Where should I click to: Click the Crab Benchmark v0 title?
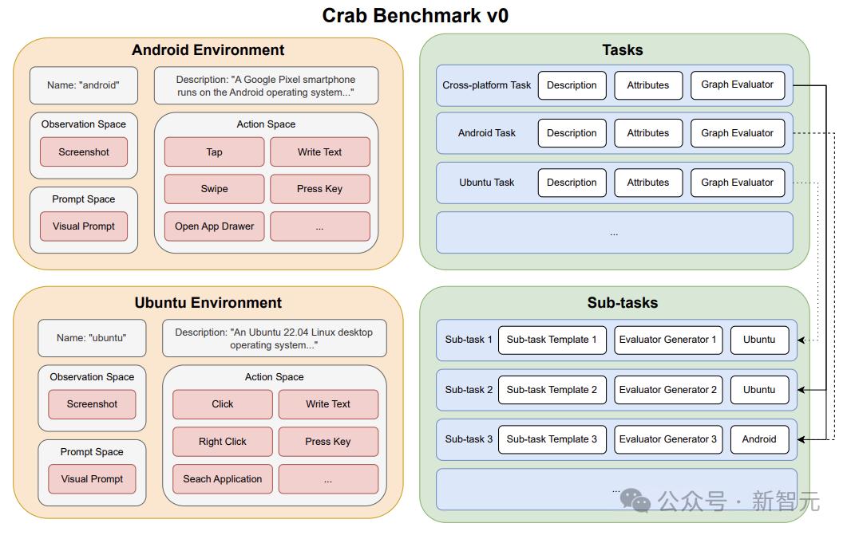[415, 15]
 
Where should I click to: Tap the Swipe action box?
[214, 189]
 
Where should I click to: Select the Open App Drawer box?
[214, 226]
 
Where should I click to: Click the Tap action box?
[214, 152]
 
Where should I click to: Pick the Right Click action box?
[223, 442]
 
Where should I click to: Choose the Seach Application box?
[223, 479]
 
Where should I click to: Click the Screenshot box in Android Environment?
[84, 152]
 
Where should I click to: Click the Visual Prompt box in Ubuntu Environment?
[92, 479]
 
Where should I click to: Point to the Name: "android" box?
[83, 85]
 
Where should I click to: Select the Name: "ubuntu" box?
[91, 338]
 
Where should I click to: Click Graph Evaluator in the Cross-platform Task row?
[737, 85]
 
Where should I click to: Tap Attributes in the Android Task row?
[648, 133]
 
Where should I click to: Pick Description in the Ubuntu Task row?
[572, 183]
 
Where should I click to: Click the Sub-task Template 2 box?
[552, 390]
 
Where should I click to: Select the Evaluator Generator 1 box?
[667, 340]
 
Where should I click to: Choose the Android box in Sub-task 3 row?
[758, 439]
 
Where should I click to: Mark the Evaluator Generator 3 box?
[667, 439]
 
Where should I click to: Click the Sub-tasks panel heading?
[623, 303]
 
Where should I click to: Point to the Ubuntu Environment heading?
[208, 303]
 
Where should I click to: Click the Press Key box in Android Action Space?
[319, 189]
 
